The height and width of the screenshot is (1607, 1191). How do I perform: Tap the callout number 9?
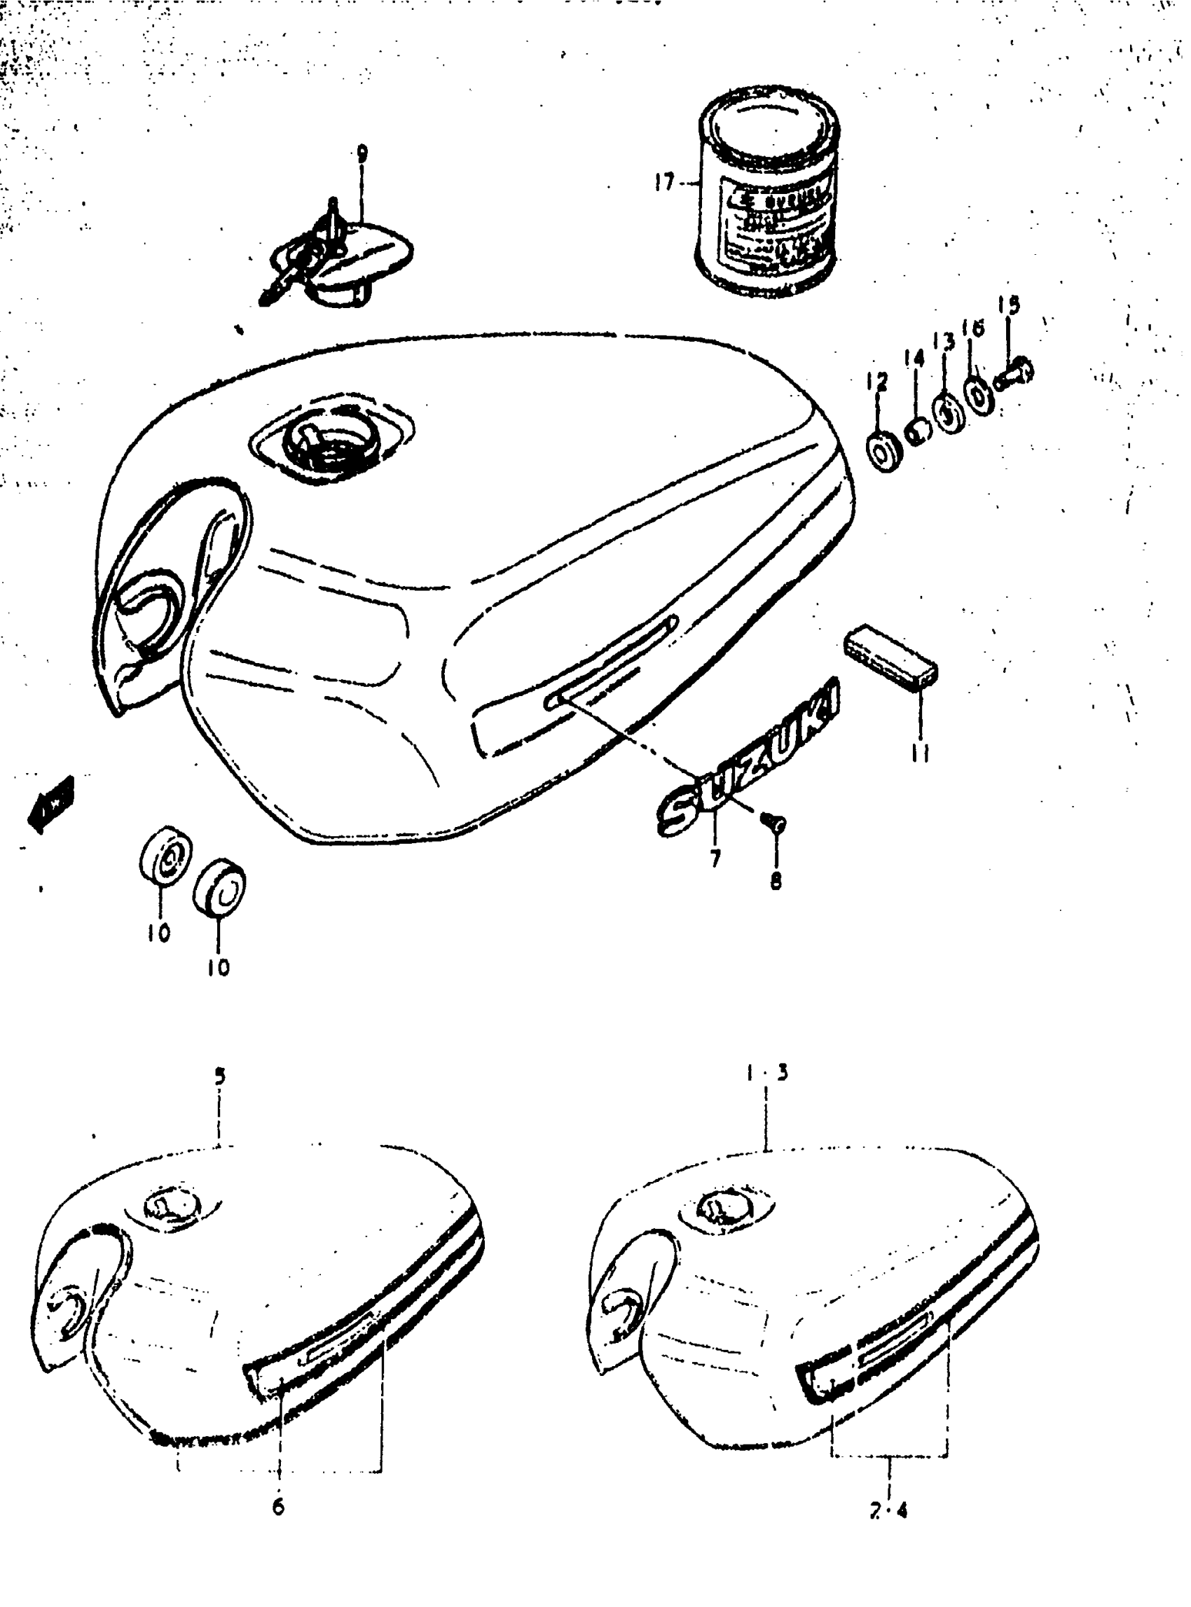[362, 153]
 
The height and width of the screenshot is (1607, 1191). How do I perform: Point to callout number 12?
[878, 381]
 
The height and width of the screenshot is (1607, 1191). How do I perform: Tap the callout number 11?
[920, 753]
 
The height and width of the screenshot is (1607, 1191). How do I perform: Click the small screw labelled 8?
[775, 821]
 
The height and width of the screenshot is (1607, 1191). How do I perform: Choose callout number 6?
[278, 1506]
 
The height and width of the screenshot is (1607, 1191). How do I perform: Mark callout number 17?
[664, 182]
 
